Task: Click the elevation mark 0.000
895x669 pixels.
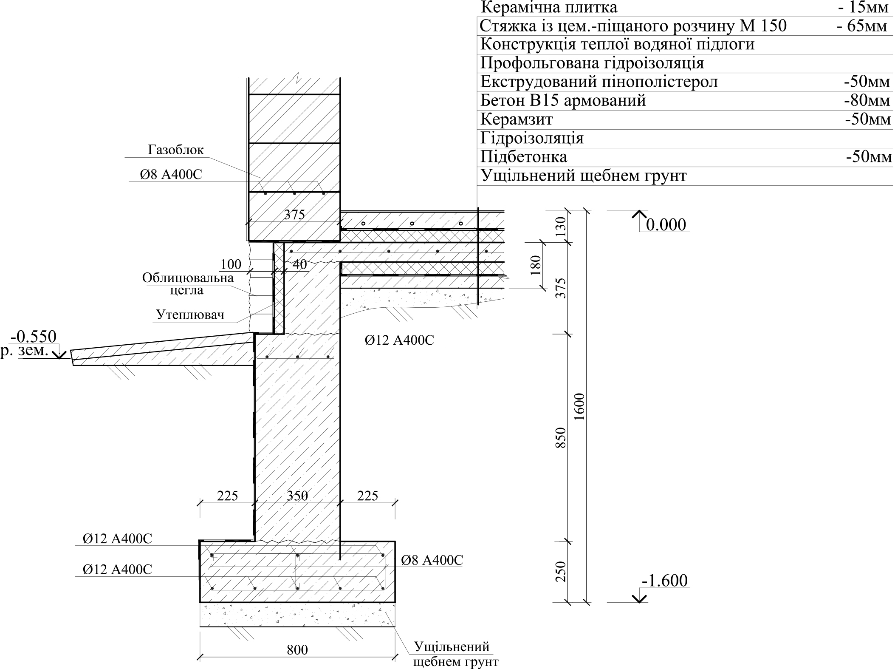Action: (666, 225)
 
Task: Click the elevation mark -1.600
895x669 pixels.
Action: (665, 581)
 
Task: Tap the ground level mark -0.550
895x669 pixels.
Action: (34, 337)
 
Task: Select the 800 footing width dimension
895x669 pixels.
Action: (297, 650)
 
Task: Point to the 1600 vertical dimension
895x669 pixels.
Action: (579, 407)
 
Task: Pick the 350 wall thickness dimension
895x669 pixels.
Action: (297, 496)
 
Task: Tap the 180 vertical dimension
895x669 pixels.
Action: (536, 265)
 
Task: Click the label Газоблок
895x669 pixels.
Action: (176, 150)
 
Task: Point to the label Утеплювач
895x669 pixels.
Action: (190, 315)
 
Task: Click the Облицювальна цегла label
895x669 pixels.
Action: (188, 284)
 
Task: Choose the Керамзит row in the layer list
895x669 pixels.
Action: (517, 119)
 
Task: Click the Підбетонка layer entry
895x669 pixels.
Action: (524, 157)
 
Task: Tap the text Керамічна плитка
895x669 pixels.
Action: (549, 7)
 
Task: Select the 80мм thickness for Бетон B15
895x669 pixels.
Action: (867, 101)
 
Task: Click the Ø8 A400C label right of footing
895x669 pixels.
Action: (432, 560)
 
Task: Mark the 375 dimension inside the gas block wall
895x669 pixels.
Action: (294, 215)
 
